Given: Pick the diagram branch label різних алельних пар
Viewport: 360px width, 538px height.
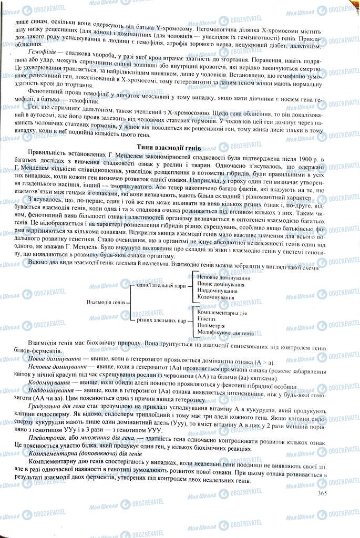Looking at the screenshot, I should (156, 320).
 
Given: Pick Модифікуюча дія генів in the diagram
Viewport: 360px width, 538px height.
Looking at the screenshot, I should (225, 333).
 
